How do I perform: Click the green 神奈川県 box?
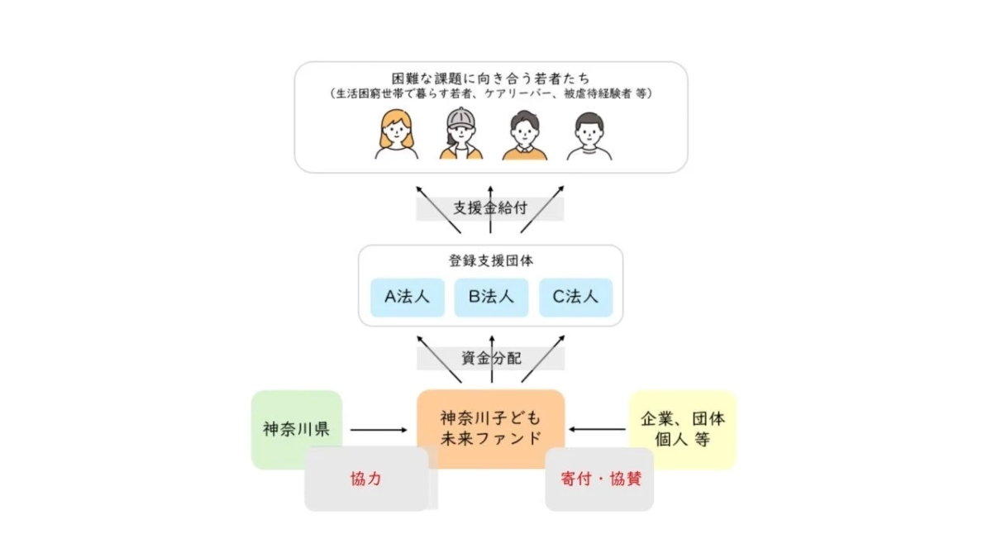pyautogui.click(x=296, y=428)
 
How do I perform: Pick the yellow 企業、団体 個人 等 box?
pyautogui.click(x=682, y=428)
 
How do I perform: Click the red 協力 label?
pyautogui.click(x=365, y=479)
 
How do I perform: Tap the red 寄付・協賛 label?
pyautogui.click(x=600, y=479)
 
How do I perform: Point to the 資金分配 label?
pyautogui.click(x=490, y=359)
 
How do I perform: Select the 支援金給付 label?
pyautogui.click(x=490, y=208)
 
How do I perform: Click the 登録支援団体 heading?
pyautogui.click(x=490, y=260)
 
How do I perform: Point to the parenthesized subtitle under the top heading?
pyautogui.click(x=491, y=94)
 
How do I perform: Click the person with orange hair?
pyautogui.click(x=396, y=136)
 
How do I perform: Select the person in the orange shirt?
pyautogui.click(x=525, y=136)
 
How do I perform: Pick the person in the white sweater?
pyautogui.click(x=589, y=136)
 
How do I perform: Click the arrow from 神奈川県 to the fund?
pyautogui.click(x=379, y=430)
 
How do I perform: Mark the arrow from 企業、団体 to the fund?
pyautogui.click(x=598, y=430)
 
